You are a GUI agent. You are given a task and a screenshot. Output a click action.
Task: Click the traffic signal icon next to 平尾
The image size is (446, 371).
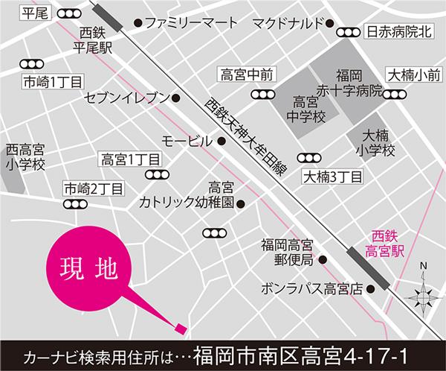pyautogui.click(x=70, y=14)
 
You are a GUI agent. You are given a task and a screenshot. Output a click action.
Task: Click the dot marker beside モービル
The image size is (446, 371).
pyautogui.click(x=222, y=140)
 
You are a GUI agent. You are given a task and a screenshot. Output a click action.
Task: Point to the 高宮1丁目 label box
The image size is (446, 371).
pyautogui.click(x=130, y=159)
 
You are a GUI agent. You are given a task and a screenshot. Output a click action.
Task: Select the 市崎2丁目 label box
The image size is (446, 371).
pyautogui.click(x=93, y=187)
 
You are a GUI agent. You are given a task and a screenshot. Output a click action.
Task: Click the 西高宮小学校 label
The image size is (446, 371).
pyautogui.click(x=25, y=156)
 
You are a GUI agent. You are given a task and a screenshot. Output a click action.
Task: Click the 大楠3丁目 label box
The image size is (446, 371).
pyautogui.click(x=332, y=177)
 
